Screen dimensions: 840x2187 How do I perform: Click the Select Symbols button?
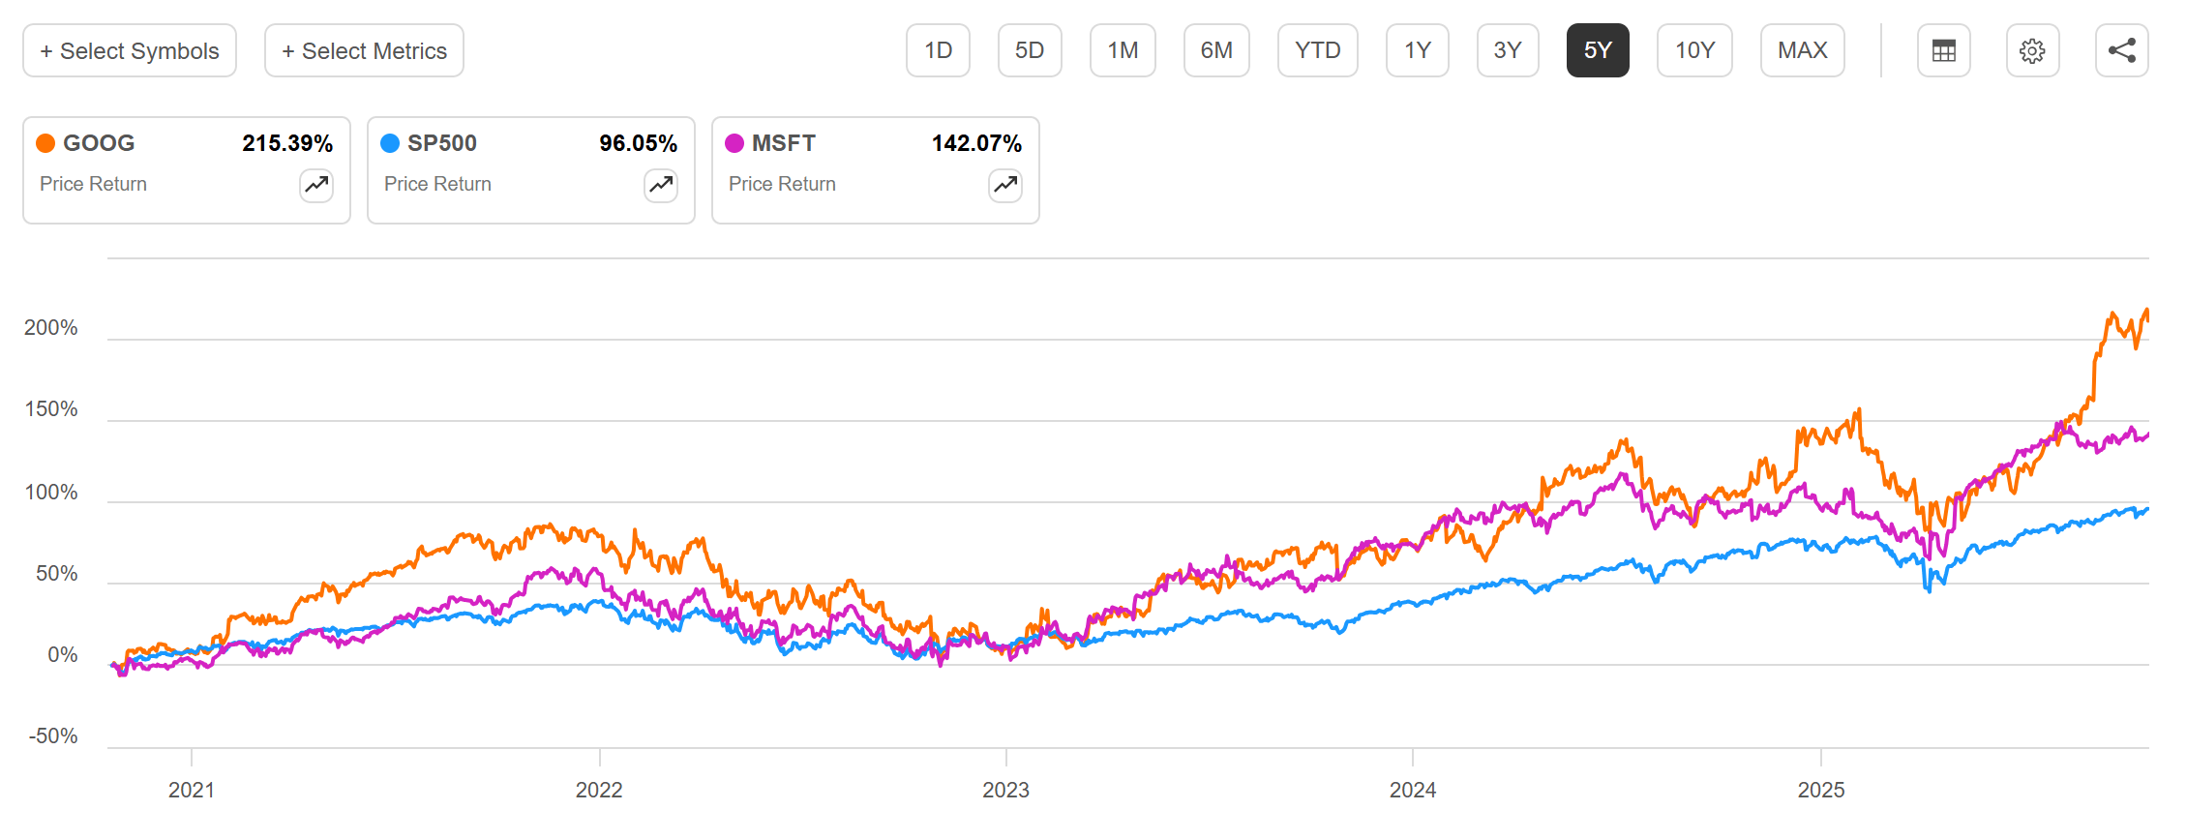click(130, 50)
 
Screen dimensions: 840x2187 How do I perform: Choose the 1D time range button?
click(938, 50)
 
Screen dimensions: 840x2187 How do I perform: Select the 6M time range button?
click(1216, 50)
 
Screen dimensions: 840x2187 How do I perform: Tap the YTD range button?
click(1317, 50)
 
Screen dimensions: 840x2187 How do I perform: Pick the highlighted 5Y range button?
click(1598, 50)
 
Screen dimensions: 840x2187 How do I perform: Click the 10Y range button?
click(1694, 50)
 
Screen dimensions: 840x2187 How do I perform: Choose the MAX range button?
click(1802, 50)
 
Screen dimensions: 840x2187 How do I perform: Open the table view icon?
click(1943, 50)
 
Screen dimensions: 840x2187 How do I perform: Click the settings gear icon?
click(2032, 50)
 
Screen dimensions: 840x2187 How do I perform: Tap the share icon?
click(2121, 50)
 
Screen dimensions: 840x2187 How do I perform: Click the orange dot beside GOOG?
click(45, 143)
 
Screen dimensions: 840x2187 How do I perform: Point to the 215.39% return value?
click(287, 143)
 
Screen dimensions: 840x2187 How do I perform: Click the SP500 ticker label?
click(441, 143)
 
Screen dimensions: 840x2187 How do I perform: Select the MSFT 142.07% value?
click(976, 143)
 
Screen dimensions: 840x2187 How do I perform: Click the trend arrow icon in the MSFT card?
click(1005, 184)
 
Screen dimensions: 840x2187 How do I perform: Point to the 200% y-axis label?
click(51, 328)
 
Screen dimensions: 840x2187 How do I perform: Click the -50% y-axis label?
click(53, 736)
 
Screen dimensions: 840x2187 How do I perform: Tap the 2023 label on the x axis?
click(1005, 790)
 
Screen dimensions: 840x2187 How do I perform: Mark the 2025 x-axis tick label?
click(1820, 790)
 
